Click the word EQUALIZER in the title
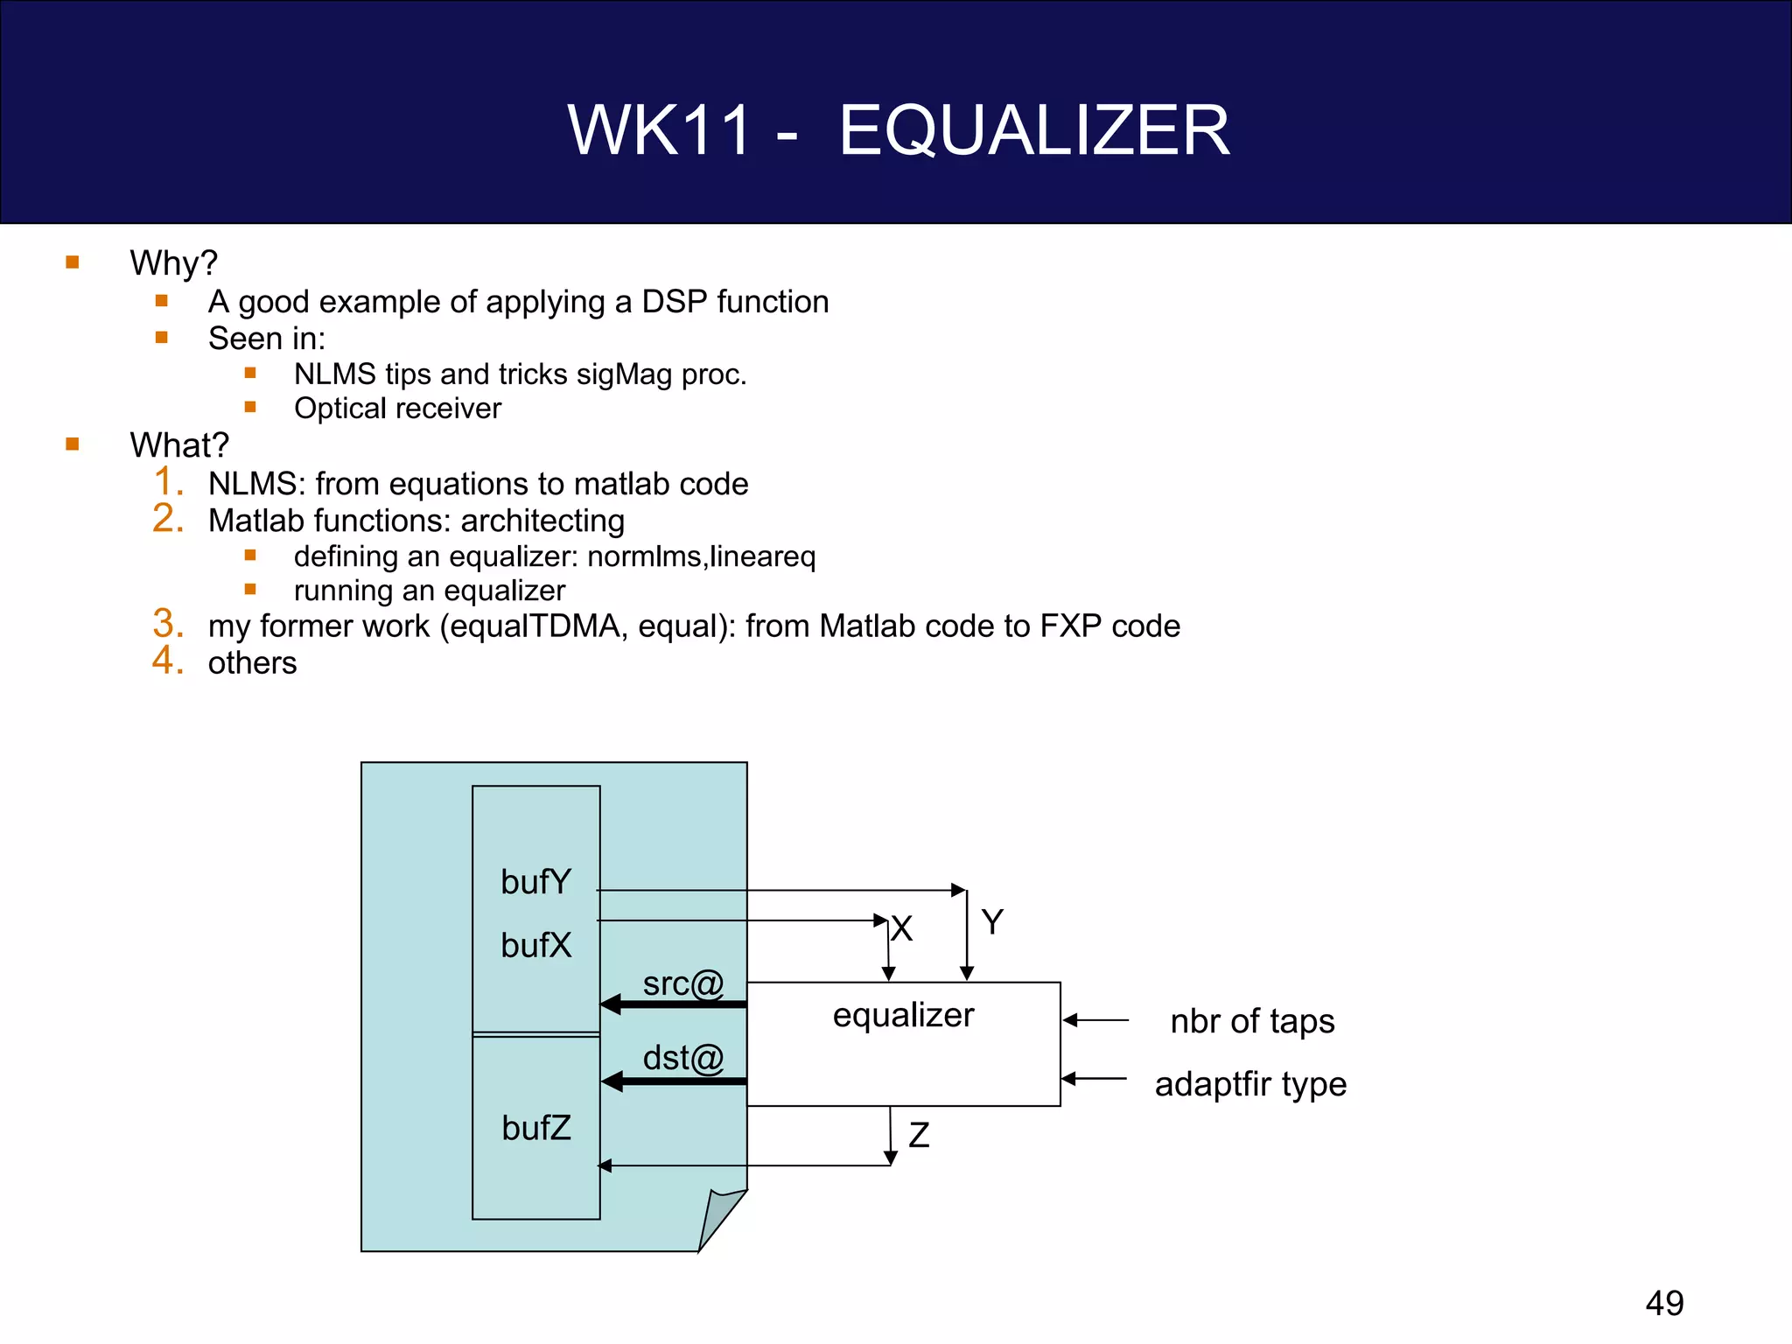(1034, 130)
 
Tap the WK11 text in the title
(660, 130)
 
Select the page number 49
(1664, 1303)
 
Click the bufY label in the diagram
(535, 882)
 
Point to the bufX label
(535, 945)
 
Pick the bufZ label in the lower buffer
(535, 1128)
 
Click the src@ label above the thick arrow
(683, 983)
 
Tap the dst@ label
(683, 1058)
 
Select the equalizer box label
(903, 1015)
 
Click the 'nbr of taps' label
(1252, 1021)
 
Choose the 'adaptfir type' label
(1250, 1084)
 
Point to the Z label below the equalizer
(919, 1135)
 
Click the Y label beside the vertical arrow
(992, 921)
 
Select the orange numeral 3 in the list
(167, 624)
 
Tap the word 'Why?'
(173, 262)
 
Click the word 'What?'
(179, 445)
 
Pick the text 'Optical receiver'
(397, 409)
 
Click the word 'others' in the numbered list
(252, 663)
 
